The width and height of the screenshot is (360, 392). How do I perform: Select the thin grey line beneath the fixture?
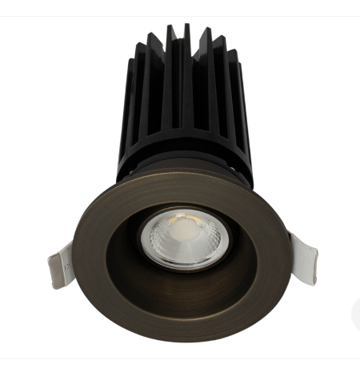tap(180, 358)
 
